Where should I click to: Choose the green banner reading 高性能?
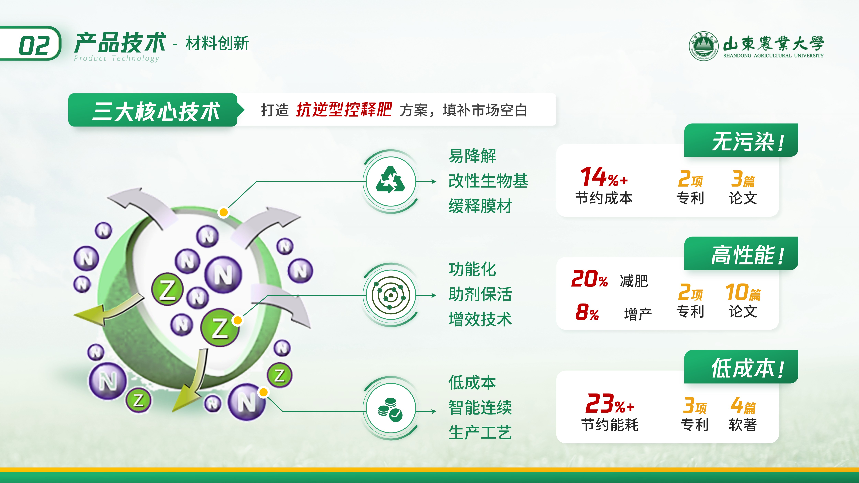coord(741,253)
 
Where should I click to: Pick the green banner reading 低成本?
coord(741,367)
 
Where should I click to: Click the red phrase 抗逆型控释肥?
coord(344,109)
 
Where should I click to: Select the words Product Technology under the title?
coord(117,58)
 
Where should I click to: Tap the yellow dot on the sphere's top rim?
coord(223,212)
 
